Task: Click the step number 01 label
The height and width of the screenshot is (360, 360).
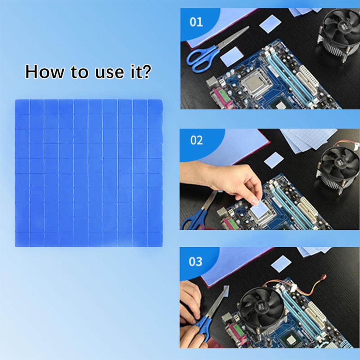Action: coord(196,22)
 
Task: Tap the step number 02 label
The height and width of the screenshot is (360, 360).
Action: coord(197,140)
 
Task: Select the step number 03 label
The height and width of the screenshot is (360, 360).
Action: coord(196,262)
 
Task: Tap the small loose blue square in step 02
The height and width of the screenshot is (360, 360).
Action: coord(274,160)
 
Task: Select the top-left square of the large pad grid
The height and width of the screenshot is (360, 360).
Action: coord(22,107)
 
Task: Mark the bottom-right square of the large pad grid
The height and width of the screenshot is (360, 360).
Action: coord(155,239)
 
